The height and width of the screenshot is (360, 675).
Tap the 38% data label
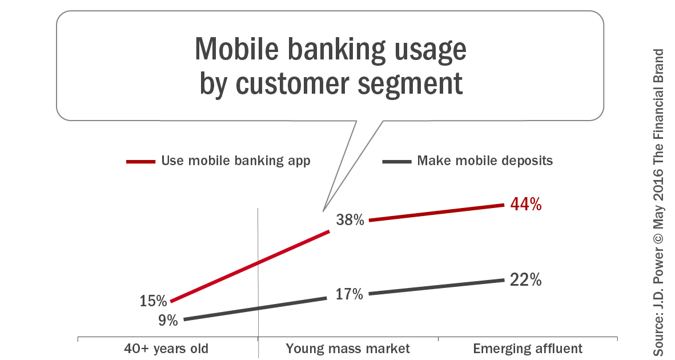click(350, 219)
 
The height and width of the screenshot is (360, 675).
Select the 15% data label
click(153, 301)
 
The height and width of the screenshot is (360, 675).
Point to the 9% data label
click(168, 320)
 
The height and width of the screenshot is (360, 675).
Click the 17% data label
click(349, 295)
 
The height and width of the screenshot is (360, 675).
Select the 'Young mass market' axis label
click(348, 349)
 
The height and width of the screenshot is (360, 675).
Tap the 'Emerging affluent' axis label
click(528, 349)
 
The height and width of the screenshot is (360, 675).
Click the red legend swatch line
click(140, 162)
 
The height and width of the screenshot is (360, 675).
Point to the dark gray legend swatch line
click(396, 162)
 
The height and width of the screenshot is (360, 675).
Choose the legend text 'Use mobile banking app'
click(236, 161)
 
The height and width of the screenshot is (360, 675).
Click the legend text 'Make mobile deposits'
click(485, 161)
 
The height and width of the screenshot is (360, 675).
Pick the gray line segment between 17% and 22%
click(436, 287)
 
